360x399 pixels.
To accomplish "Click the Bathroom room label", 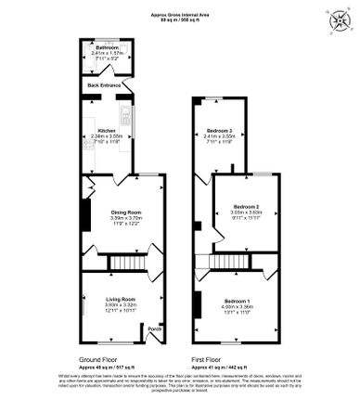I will point(106,45).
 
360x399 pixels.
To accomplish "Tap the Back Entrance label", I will point(105,85).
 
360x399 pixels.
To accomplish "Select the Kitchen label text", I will point(106,131).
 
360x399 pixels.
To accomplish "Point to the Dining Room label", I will point(123,212).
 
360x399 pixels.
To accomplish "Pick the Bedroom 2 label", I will point(246,205).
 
